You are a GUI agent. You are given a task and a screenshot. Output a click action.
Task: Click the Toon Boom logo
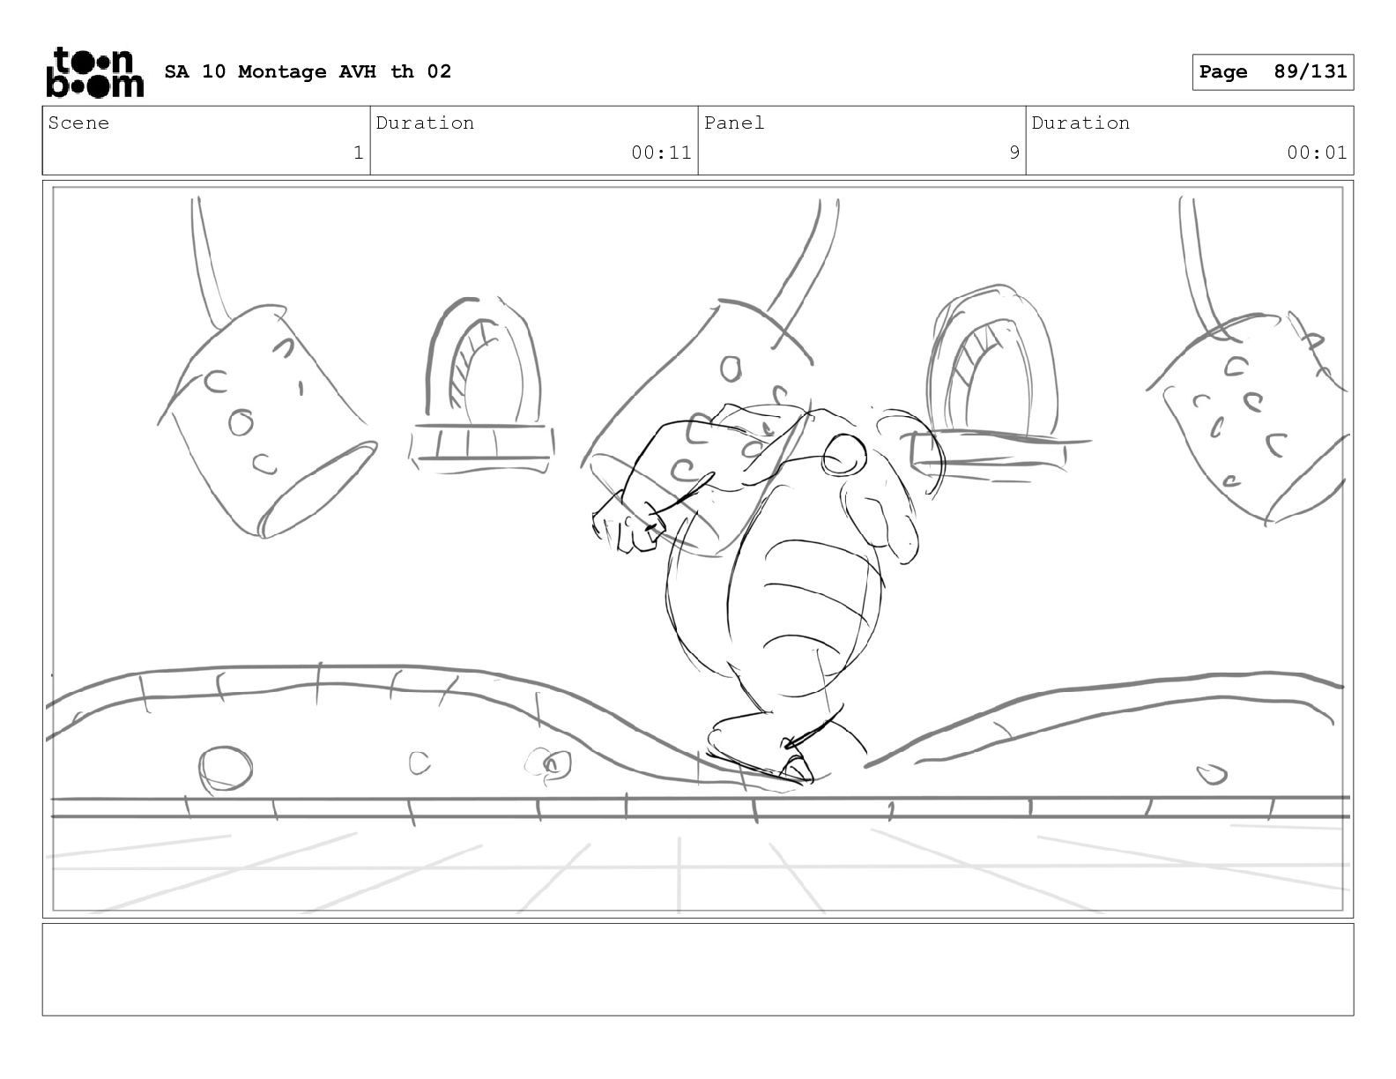click(x=95, y=72)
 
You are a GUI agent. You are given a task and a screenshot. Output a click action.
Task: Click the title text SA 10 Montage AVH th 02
click(x=308, y=71)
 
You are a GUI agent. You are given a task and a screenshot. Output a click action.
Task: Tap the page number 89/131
click(x=1311, y=71)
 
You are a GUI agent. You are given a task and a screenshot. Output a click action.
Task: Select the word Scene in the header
click(x=78, y=123)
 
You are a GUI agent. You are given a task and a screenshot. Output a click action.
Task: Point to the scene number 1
click(x=359, y=153)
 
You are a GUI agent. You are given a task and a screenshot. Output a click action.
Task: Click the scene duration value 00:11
click(x=661, y=153)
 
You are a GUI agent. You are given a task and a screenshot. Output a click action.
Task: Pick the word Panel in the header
click(x=733, y=123)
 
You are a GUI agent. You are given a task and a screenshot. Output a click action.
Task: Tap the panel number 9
click(x=1014, y=153)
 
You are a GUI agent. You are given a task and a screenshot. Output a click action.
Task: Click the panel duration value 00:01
click(x=1317, y=153)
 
